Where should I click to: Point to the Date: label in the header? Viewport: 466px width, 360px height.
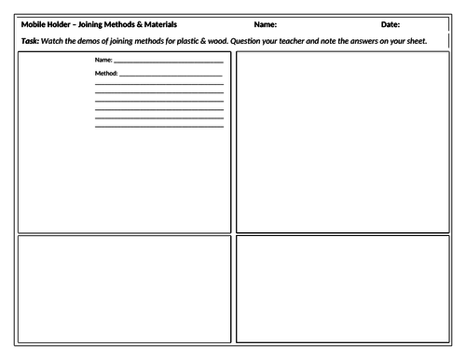(x=390, y=24)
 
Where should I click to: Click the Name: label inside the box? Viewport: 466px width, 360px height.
(x=103, y=61)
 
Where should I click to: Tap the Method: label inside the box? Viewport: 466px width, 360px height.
(x=105, y=73)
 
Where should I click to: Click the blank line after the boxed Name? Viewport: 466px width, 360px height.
(x=168, y=62)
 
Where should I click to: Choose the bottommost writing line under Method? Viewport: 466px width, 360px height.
(x=158, y=126)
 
